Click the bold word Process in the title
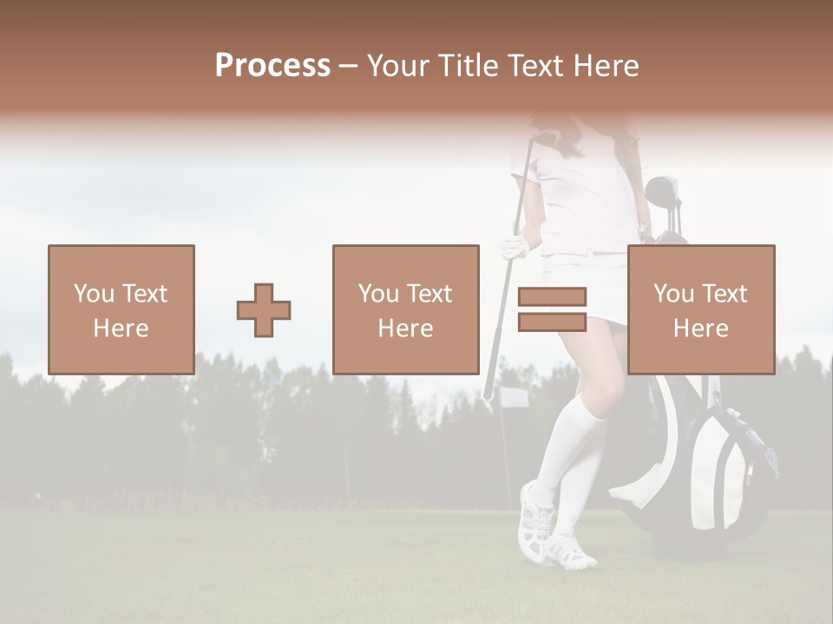[272, 66]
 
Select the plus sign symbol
[264, 309]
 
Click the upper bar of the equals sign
[552, 296]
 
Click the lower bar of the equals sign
[552, 322]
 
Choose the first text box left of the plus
[121, 309]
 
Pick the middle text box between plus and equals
[405, 309]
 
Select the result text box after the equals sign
[700, 309]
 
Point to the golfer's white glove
[514, 248]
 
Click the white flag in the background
[512, 398]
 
